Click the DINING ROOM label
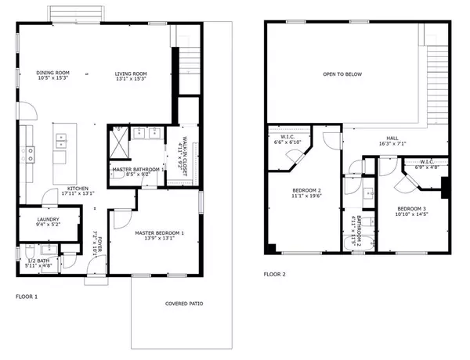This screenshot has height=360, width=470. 52,74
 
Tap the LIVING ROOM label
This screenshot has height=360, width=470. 132,74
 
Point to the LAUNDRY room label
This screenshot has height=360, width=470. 48,220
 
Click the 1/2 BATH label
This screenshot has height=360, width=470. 39,261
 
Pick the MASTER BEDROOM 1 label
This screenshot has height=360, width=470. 160,232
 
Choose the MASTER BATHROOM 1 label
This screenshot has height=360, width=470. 138,169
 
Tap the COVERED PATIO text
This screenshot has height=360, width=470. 184,303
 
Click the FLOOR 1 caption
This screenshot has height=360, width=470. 27,297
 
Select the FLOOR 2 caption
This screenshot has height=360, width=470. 274,274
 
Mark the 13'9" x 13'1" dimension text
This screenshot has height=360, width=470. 160,239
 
